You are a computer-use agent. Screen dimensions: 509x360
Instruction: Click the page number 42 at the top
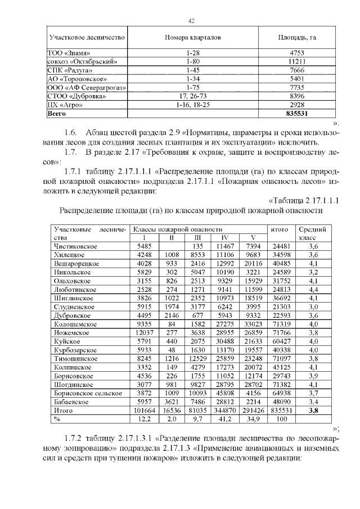point(191,21)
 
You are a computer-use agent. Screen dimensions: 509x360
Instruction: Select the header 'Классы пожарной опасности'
point(177,229)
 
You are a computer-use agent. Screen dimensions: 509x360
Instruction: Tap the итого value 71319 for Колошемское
point(281,324)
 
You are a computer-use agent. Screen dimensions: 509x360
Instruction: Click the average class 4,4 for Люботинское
point(313,290)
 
